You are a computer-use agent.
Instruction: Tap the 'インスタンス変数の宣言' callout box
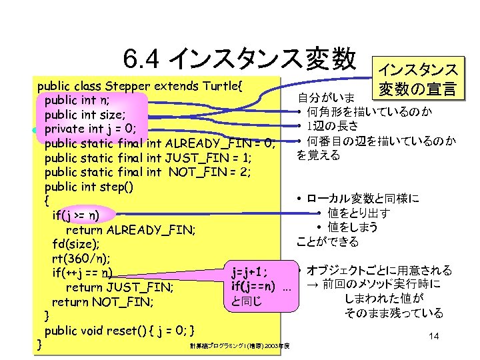click(417, 78)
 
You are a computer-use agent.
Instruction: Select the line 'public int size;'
click(85, 115)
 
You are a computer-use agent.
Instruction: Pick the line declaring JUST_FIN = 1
click(147, 157)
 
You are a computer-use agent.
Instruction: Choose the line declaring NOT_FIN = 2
click(147, 172)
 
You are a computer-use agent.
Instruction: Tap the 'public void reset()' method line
click(119, 331)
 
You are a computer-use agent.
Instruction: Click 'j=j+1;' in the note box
click(253, 272)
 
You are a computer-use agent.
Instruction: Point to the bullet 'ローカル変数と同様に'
click(363, 199)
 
